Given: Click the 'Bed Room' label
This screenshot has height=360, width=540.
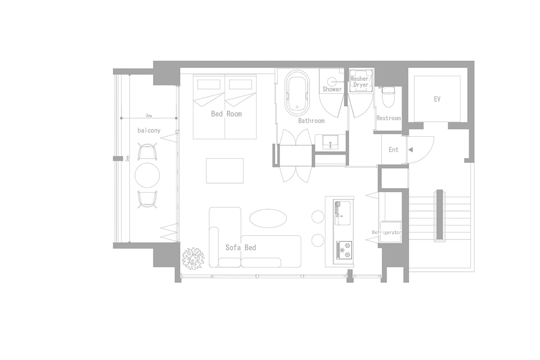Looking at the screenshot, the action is coord(226,114).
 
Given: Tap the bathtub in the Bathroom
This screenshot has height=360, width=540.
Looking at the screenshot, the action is coord(298,92).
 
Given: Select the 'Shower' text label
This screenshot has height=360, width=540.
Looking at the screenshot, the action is coord(332,89).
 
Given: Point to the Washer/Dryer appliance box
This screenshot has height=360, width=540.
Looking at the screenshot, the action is coord(361,81).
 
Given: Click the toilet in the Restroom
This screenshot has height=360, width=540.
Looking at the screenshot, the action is coord(388,96).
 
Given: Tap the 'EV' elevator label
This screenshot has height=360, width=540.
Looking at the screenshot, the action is coord(437,99).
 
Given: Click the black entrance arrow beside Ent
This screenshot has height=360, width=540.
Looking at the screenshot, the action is coord(410,150).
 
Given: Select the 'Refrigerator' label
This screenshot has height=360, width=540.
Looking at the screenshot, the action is coord(386,232).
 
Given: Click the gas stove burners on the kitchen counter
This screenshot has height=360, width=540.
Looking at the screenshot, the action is coord(344,250).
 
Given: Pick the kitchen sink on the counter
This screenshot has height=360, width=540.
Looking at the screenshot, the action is coord(343,213).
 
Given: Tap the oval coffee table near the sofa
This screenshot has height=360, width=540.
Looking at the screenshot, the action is coord(268,218).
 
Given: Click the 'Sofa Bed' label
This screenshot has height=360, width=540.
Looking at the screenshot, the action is coord(241,247).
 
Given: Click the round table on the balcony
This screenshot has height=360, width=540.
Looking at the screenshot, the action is coord(148,175).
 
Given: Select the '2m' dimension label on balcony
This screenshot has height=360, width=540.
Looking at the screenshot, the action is coord(148,116).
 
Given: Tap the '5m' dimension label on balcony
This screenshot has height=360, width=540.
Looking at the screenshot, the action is coord(127,159).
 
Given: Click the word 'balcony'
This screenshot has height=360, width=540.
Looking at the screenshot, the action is coord(149,131).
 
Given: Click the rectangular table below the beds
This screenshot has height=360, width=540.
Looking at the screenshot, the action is coord(225,171).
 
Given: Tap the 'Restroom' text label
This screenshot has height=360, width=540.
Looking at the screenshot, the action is coord(389,118).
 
